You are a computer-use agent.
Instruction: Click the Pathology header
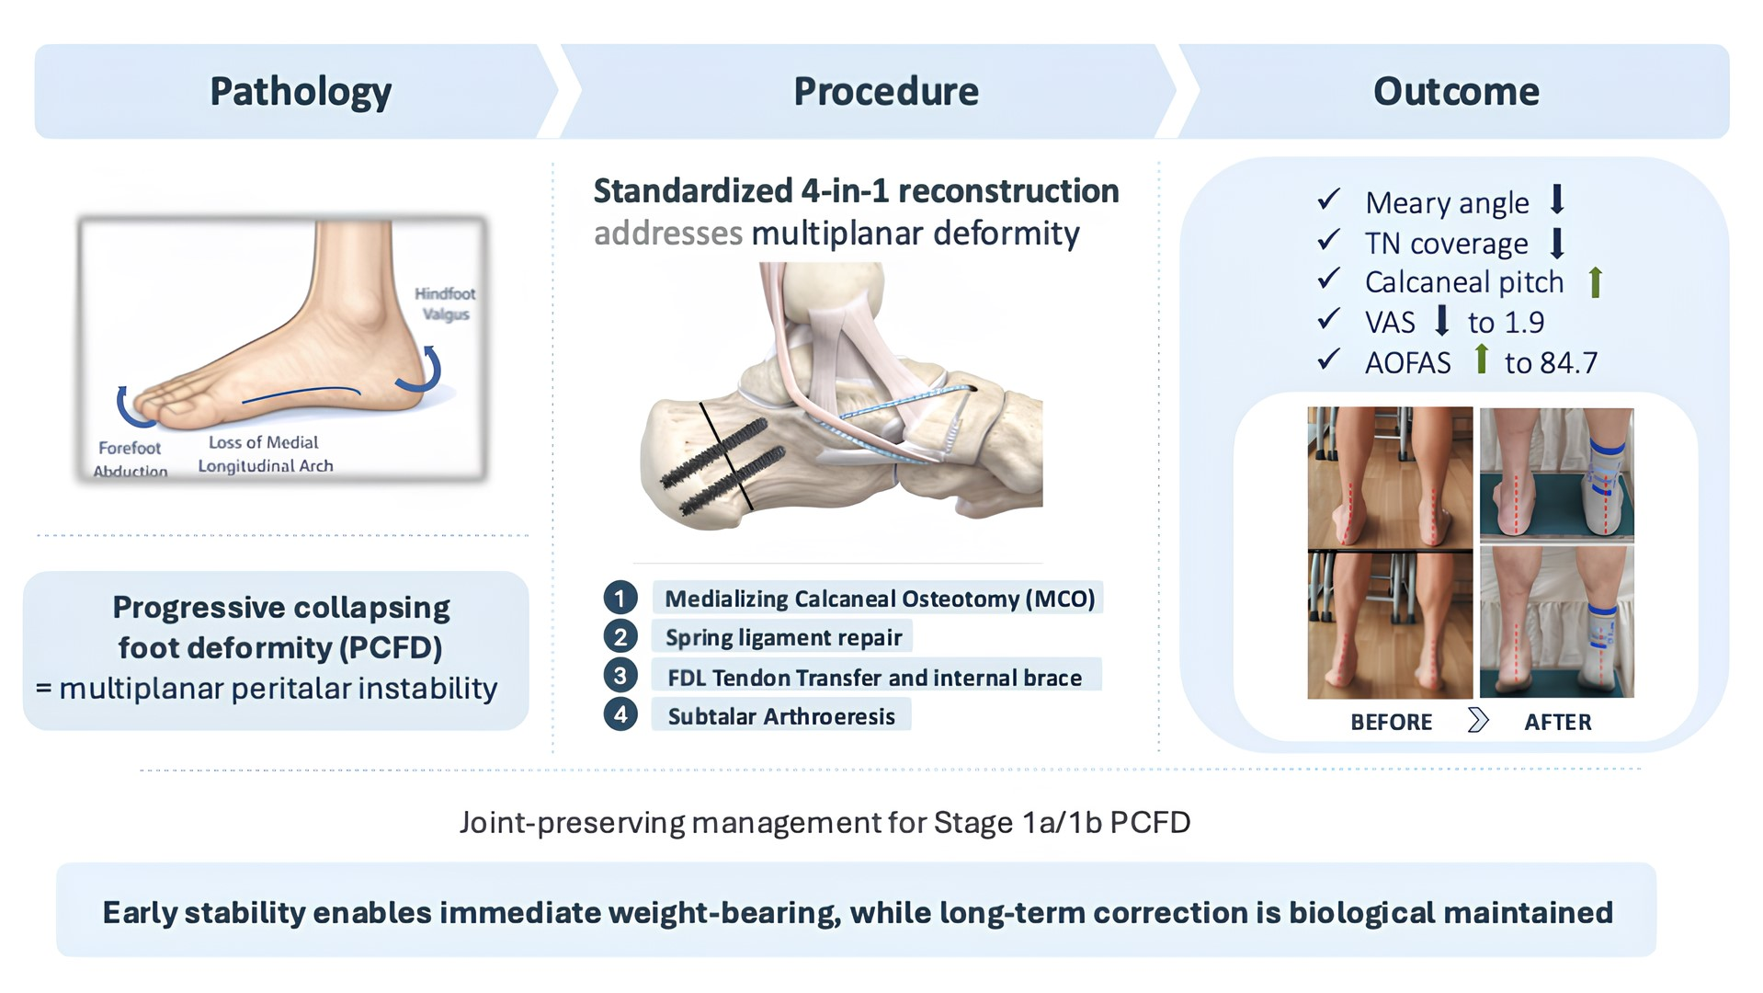(x=301, y=92)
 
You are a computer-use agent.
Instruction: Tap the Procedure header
(x=885, y=92)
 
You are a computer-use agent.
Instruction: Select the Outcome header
(x=1455, y=92)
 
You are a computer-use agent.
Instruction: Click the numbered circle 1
(x=620, y=599)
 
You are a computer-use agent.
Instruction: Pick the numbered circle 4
(x=620, y=714)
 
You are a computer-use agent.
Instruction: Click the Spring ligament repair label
(x=783, y=637)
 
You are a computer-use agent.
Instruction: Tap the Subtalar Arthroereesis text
(x=780, y=716)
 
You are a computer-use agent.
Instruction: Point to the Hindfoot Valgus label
(x=445, y=303)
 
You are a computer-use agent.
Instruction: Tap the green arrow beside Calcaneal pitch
(x=1595, y=282)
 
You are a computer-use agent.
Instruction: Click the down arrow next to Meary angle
(x=1556, y=200)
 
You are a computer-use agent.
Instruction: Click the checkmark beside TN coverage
(x=1328, y=240)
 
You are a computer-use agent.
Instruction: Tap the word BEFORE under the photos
(x=1391, y=722)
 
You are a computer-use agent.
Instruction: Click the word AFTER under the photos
(x=1557, y=722)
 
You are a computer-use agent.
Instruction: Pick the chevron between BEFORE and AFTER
(x=1477, y=720)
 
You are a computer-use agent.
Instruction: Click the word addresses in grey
(x=667, y=234)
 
